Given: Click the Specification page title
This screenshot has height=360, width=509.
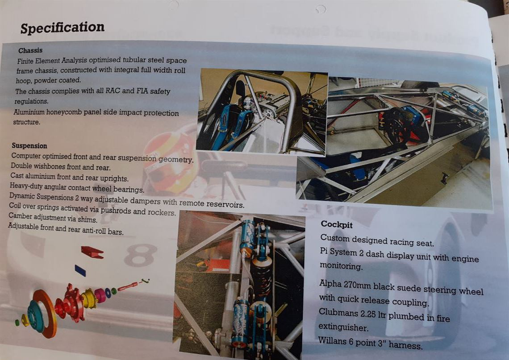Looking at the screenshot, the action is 63,28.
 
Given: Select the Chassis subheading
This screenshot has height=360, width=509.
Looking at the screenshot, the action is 30,50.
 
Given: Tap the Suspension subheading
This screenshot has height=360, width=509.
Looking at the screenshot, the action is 29,145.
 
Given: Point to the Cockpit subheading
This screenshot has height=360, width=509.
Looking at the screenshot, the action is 337,224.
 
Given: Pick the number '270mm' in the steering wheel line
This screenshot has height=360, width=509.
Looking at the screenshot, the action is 357,285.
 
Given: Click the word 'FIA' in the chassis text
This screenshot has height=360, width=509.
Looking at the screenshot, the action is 142,91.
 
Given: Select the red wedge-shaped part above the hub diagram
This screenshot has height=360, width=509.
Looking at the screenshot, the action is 92,252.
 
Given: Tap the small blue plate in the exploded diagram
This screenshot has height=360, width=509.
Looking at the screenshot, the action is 80,270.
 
